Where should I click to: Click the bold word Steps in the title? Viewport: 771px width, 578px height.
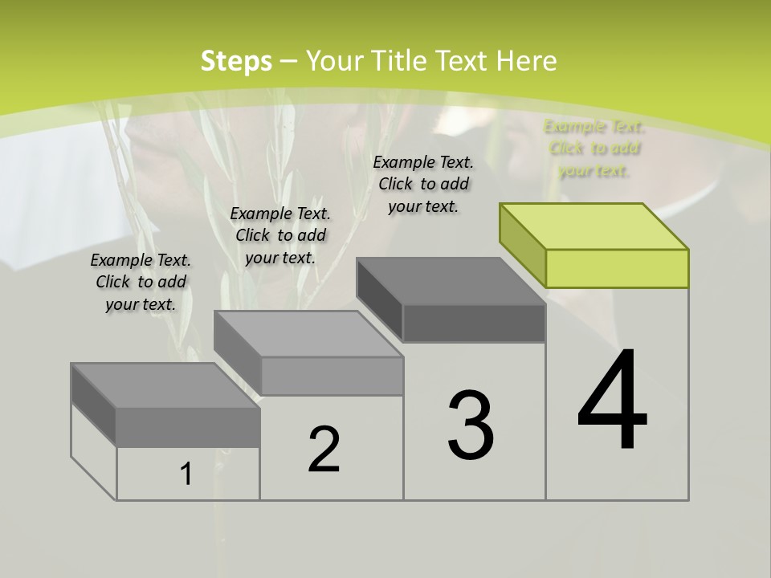(x=236, y=61)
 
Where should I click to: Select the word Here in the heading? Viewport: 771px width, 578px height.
(x=526, y=61)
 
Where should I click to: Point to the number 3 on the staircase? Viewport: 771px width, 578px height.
(x=471, y=425)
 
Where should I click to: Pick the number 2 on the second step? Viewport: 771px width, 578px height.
(x=324, y=450)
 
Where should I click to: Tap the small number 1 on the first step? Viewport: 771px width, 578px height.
(x=186, y=474)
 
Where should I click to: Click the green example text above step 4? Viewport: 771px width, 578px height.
(x=594, y=149)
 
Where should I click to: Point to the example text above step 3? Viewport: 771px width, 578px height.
(x=423, y=184)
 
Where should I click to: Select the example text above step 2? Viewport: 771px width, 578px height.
(x=280, y=235)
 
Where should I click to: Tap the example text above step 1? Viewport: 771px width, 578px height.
(x=141, y=282)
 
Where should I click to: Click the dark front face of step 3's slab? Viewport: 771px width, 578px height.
(x=474, y=323)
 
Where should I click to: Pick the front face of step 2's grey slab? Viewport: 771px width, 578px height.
(x=331, y=376)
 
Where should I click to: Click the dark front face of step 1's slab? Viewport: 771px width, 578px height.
(x=188, y=427)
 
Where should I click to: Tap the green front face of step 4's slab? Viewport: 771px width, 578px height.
(x=617, y=268)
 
